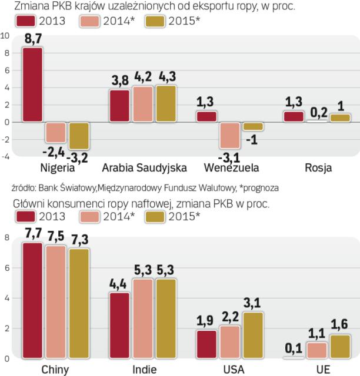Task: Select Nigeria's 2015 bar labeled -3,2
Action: coord(79,136)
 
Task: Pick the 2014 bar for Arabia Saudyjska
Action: coord(142,104)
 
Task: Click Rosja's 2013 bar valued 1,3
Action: coord(293,116)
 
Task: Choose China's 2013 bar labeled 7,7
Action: coord(32,300)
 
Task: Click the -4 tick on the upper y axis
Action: coord(5,156)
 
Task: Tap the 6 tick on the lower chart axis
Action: coord(6,268)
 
